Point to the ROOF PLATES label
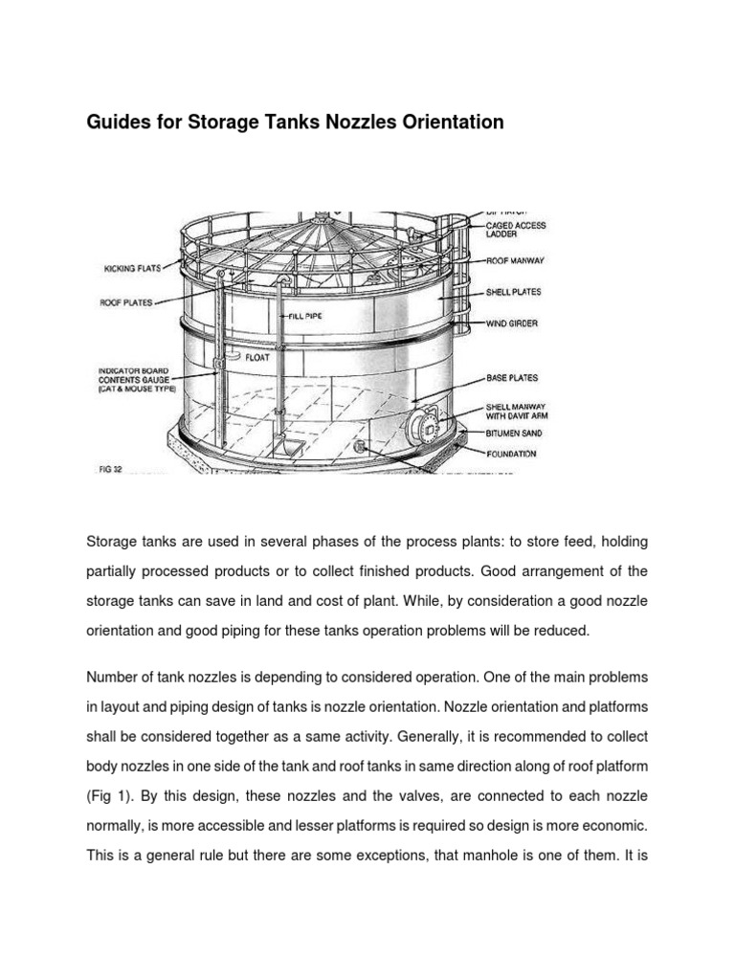pos(126,301)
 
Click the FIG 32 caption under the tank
pos(111,470)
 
